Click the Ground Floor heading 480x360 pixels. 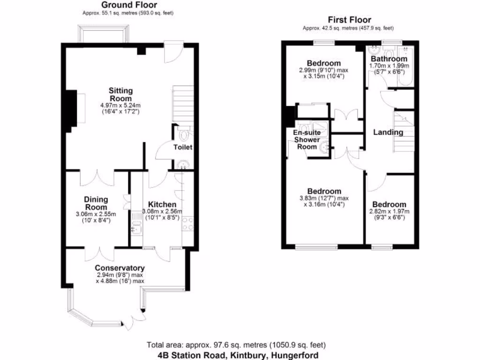pos(126,5)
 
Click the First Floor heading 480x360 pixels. pos(349,20)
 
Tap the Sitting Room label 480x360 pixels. pos(120,94)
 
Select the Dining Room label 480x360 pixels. pos(96,203)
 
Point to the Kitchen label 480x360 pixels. pos(162,204)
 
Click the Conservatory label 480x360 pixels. pos(120,268)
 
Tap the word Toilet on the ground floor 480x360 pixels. pos(183,147)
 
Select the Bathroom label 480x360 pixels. pos(389,59)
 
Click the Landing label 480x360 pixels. pos(388,132)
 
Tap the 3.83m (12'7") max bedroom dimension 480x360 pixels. pos(324,198)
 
